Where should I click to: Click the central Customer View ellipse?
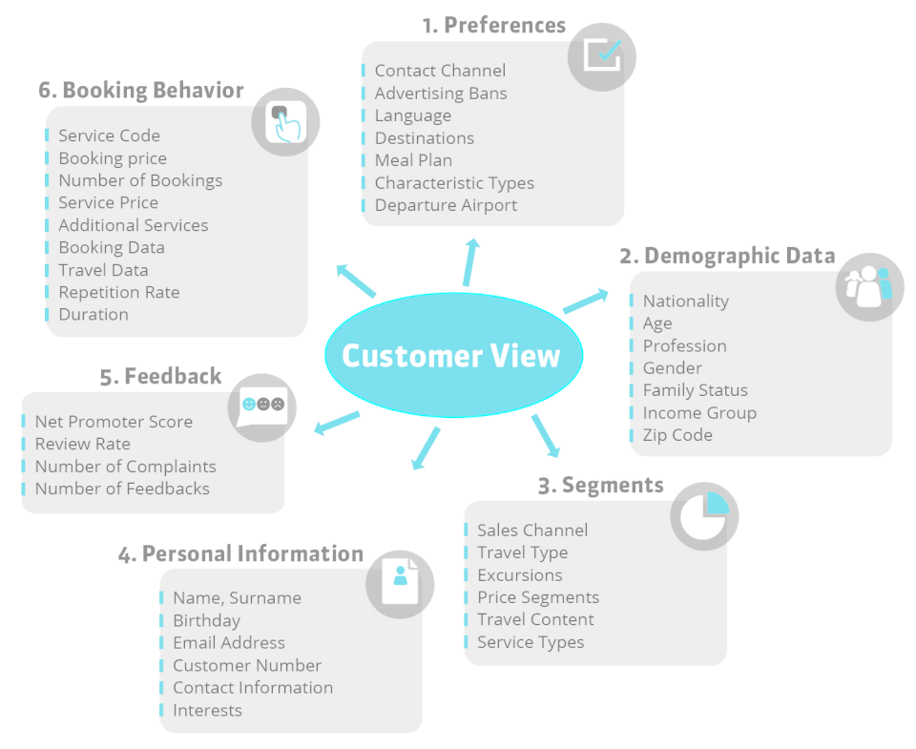[x=452, y=355]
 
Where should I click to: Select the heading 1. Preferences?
[x=493, y=25]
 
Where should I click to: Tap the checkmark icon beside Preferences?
[x=602, y=56]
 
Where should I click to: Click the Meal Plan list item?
[x=413, y=160]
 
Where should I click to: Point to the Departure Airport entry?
[x=446, y=205]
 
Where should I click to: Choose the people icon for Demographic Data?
[x=869, y=285]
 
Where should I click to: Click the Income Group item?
[x=699, y=412]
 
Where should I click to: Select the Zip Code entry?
[x=677, y=435]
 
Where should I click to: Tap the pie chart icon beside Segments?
[x=704, y=516]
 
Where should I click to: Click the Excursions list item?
[x=519, y=575]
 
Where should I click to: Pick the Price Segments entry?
[x=538, y=597]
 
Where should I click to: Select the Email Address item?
[x=229, y=643]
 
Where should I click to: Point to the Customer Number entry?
[x=247, y=665]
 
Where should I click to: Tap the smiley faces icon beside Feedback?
[x=261, y=406]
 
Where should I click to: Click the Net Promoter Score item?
[x=114, y=422]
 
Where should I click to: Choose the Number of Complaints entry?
[x=126, y=467]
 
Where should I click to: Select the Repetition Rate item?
[x=119, y=292]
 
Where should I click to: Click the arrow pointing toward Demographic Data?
[x=585, y=302]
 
